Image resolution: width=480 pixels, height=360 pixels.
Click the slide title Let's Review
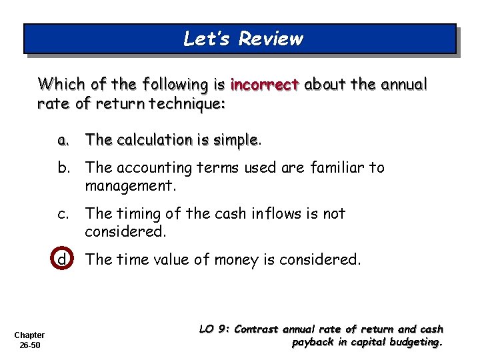[x=243, y=39]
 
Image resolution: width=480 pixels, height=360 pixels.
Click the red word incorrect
[x=264, y=85]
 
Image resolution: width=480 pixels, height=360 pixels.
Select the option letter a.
[x=63, y=140]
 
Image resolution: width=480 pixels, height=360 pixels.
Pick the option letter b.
[x=63, y=167]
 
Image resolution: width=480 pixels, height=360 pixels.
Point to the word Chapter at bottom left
[x=29, y=335]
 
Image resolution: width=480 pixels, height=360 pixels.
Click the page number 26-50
[x=29, y=346]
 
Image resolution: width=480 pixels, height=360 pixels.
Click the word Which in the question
[x=57, y=85]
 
